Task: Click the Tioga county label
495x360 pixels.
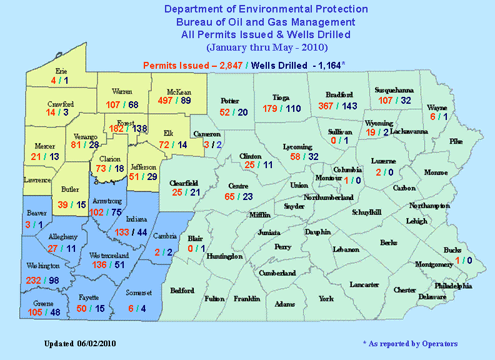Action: (281, 97)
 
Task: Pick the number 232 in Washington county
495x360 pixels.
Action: (34, 281)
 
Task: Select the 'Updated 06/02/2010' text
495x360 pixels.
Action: (80, 344)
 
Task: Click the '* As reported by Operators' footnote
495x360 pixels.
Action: (410, 344)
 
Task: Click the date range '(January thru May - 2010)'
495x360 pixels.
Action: (266, 47)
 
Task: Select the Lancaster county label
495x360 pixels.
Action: (364, 284)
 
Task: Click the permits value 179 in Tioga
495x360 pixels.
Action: (270, 108)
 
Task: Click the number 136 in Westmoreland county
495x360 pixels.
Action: (99, 264)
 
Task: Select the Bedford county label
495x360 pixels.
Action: (182, 290)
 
